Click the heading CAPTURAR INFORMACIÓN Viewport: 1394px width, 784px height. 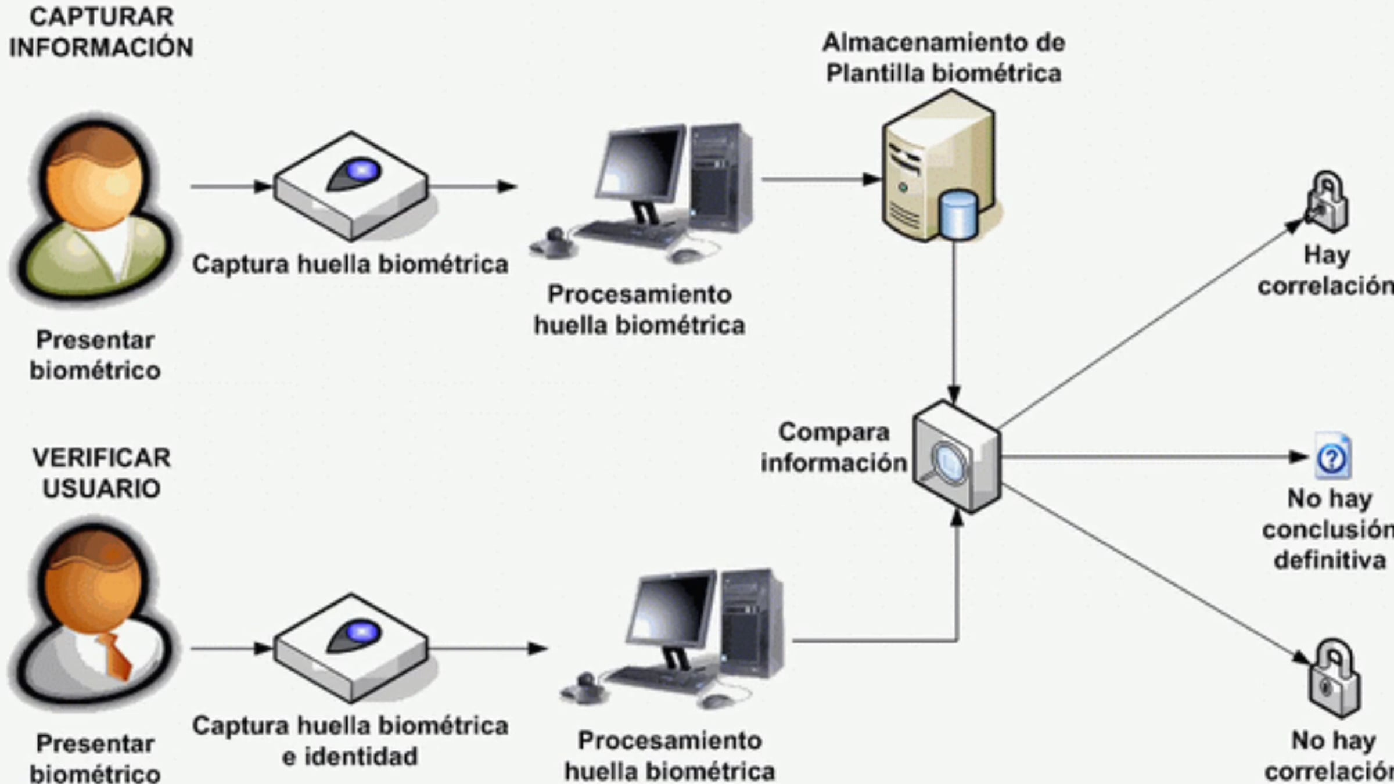(101, 33)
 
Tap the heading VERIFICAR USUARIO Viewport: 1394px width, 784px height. (102, 473)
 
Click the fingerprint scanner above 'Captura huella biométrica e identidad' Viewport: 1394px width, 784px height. (351, 647)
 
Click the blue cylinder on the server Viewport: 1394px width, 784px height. (958, 215)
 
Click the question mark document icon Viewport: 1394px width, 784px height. (1332, 456)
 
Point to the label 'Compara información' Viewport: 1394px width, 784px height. (834, 447)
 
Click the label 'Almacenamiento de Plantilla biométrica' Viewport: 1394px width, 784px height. (944, 58)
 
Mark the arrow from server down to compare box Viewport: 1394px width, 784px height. (954, 322)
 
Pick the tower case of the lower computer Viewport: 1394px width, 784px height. (753, 624)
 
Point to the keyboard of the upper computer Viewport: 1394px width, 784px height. (631, 232)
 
